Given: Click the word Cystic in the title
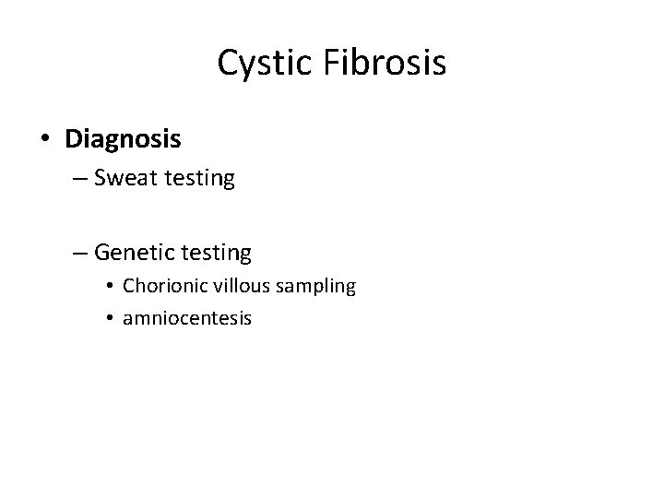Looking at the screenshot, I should (x=264, y=63).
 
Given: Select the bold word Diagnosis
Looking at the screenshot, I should (x=123, y=139).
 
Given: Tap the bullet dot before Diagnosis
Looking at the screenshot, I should (x=45, y=140).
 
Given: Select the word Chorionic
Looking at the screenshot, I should (x=162, y=286).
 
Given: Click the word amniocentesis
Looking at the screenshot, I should (x=186, y=318).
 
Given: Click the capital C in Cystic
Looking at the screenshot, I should (x=227, y=63).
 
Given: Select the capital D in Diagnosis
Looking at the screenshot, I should (x=74, y=139).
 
